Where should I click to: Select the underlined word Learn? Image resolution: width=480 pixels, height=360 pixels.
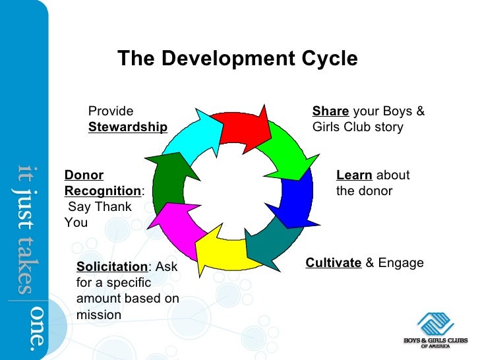[x=354, y=175]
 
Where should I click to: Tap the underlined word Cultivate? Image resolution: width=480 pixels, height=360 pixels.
[x=334, y=264]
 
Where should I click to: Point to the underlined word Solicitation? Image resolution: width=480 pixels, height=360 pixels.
[x=111, y=267]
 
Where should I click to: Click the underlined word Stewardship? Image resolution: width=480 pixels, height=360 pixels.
[x=128, y=127]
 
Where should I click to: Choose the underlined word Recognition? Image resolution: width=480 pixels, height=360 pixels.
[x=103, y=191]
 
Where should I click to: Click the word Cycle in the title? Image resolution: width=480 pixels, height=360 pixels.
[x=326, y=59]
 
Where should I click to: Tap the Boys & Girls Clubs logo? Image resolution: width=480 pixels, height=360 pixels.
[x=436, y=326]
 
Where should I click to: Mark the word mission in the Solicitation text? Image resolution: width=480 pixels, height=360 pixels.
[x=99, y=315]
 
